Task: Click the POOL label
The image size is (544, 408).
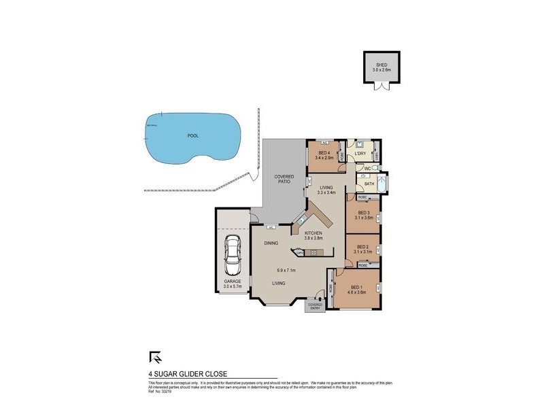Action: [x=192, y=135]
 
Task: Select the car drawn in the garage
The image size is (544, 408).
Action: [x=233, y=254]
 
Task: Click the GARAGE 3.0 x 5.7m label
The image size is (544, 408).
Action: [x=233, y=283]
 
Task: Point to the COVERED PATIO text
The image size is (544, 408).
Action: [x=284, y=180]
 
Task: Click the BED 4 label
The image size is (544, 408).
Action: [x=323, y=153]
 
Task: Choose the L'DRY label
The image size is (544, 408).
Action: [x=361, y=154]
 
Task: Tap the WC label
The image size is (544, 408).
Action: [x=367, y=169]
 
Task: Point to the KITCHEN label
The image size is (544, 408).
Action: [x=313, y=233]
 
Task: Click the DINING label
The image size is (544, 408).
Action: [x=272, y=241]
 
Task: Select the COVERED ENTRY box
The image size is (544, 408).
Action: [x=315, y=305]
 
